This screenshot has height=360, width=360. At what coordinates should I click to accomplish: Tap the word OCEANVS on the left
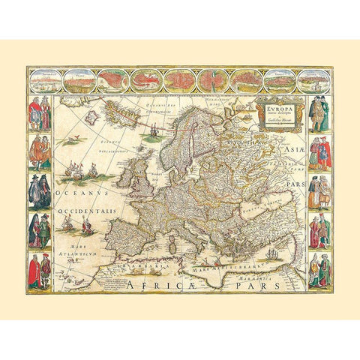tap(73, 197)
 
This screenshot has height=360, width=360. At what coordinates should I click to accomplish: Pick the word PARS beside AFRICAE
tap(277, 285)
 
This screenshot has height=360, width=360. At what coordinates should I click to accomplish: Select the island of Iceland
tap(94, 118)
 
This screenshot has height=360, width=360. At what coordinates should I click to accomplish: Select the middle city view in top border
tap(180, 79)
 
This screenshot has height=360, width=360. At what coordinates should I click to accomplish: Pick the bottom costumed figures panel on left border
tap(39, 271)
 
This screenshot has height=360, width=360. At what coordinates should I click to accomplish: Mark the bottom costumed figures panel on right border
tap(319, 271)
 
